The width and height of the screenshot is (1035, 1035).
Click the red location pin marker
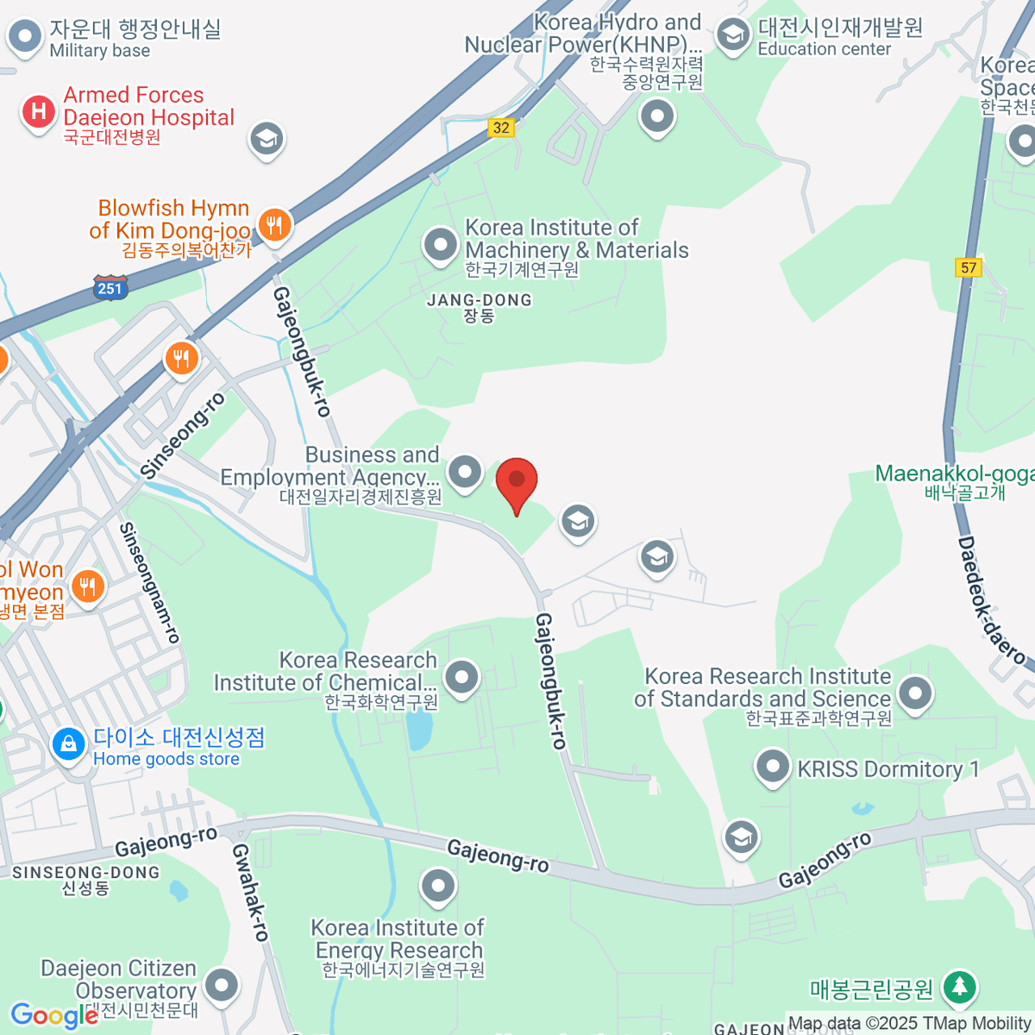point(517,481)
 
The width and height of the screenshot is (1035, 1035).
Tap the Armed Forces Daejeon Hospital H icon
point(38,111)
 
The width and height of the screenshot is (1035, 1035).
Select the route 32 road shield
point(500,128)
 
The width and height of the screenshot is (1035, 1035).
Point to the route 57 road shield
point(969,267)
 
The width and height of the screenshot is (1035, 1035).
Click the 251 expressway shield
point(110,288)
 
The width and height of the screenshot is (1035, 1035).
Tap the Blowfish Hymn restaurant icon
point(274,225)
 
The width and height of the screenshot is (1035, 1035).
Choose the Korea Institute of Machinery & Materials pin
point(441,245)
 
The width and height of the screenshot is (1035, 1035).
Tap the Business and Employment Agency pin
point(466,472)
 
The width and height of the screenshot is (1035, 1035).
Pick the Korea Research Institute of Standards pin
point(915,692)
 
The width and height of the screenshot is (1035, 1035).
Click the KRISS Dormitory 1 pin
point(772,766)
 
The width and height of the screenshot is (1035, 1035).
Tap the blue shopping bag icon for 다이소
point(68,743)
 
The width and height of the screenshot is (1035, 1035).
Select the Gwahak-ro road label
point(251,892)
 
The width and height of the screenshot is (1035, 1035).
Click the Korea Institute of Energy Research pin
point(438,885)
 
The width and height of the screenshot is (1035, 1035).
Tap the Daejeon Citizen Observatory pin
point(222,984)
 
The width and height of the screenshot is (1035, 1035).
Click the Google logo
point(53,1015)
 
